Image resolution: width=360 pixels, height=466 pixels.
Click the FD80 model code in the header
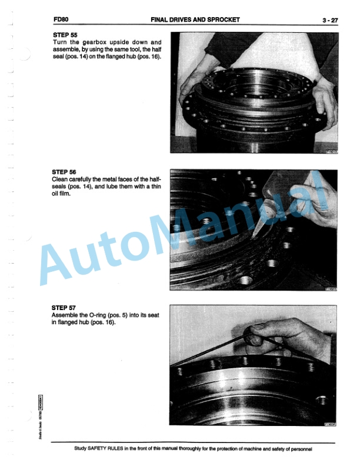point(60,20)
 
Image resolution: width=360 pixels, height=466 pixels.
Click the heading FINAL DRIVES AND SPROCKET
point(195,20)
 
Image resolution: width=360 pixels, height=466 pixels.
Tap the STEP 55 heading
point(64,35)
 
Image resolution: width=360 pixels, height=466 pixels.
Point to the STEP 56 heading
point(64,172)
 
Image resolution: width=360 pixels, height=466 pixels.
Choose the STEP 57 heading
point(64,307)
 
